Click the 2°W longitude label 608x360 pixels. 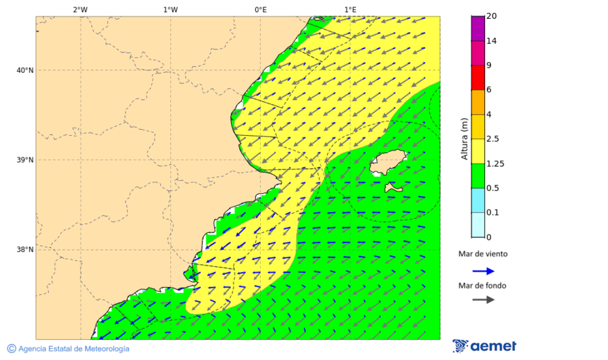point(80,9)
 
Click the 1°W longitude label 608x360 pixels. point(170,9)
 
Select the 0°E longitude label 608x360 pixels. point(260,9)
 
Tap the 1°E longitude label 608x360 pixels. point(350,9)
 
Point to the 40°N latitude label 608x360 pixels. point(25,70)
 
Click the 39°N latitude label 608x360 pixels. point(25,160)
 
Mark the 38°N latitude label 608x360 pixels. point(25,250)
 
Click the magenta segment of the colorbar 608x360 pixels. point(478,53)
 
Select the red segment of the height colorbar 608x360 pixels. point(478,77)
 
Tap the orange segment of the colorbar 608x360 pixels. point(478,102)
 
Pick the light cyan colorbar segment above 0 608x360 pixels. point(478,225)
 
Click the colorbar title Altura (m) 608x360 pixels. point(464,138)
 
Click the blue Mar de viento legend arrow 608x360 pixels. point(483,271)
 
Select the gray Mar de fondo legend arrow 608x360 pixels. point(483,299)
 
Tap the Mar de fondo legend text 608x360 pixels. point(482,286)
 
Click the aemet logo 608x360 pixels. point(484,346)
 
